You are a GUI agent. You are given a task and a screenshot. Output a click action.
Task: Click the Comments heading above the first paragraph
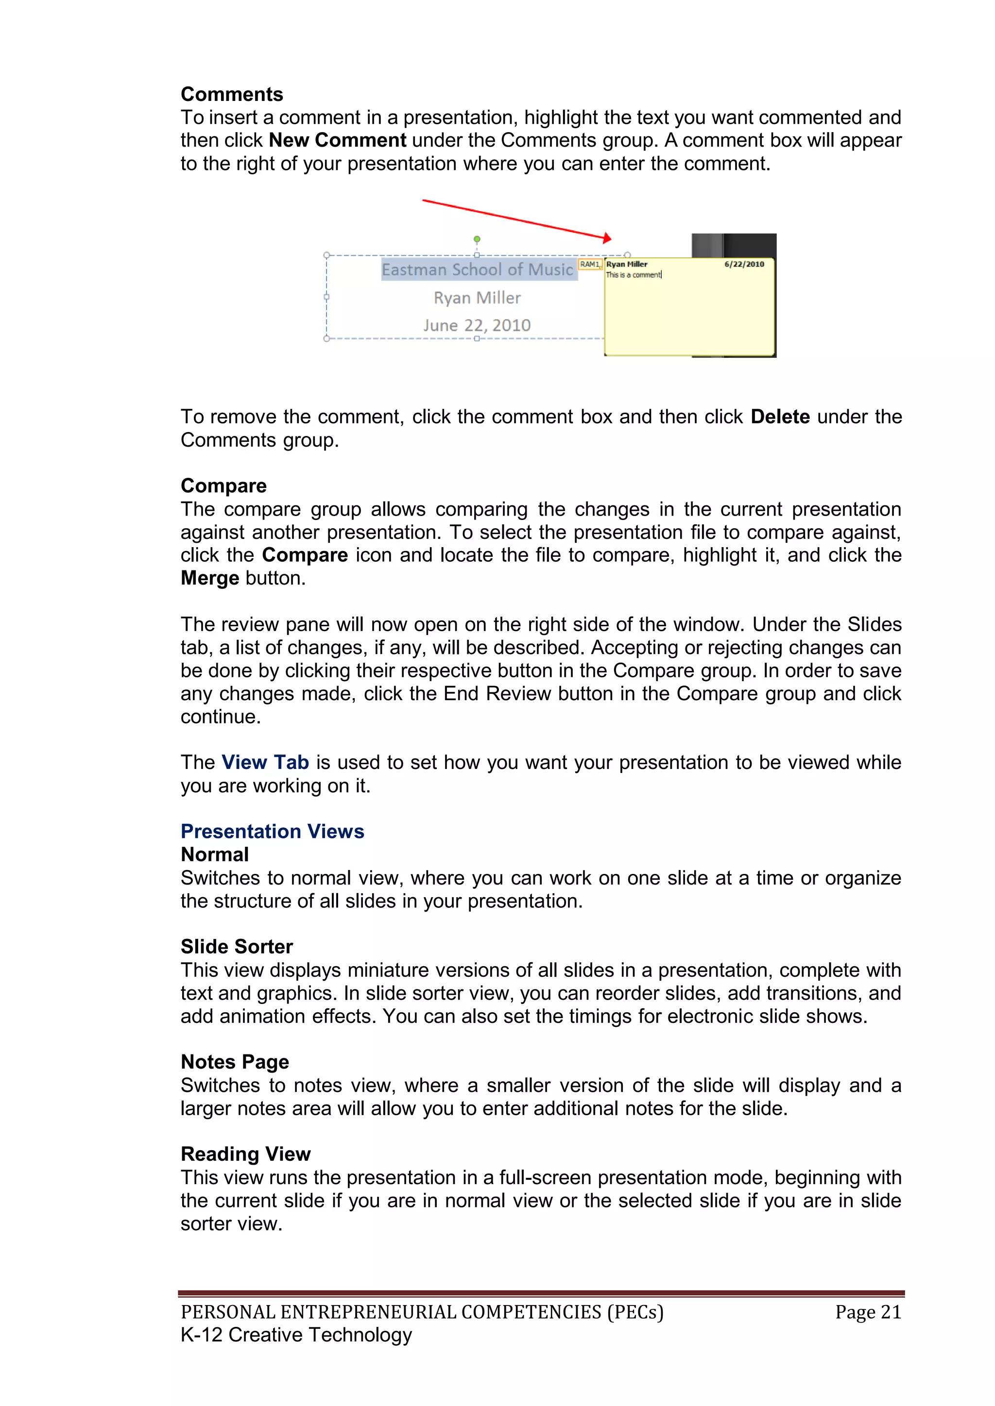[x=232, y=94]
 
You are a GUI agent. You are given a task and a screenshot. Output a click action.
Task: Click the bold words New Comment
[x=337, y=140]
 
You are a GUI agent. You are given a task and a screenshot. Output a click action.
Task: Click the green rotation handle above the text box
[x=477, y=239]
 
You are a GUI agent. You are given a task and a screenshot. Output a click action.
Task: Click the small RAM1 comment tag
[x=589, y=265]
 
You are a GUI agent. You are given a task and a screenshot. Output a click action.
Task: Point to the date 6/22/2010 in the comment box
[x=744, y=265]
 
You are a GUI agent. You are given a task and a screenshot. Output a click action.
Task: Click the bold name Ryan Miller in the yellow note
[x=626, y=265]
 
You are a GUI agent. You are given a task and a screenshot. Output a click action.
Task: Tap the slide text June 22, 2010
[x=477, y=325]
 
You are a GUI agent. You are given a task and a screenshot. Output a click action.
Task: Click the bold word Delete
[x=780, y=417]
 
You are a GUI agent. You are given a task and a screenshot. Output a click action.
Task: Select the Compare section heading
[x=223, y=485]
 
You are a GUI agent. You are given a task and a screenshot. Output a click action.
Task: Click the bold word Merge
[x=209, y=578]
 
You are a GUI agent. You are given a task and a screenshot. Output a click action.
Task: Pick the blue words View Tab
[x=265, y=762]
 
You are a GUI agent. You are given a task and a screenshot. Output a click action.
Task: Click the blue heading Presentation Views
[x=272, y=832]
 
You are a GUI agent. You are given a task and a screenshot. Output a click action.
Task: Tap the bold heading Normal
[x=214, y=854]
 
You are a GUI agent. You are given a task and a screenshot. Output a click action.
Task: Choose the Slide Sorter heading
[x=237, y=947]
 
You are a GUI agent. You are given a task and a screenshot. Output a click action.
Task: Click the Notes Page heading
[x=235, y=1062]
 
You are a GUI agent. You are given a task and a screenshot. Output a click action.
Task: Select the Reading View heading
[x=245, y=1155]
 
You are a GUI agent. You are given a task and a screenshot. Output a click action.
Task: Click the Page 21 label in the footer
[x=868, y=1312]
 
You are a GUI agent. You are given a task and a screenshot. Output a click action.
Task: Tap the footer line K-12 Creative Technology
[x=296, y=1335]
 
